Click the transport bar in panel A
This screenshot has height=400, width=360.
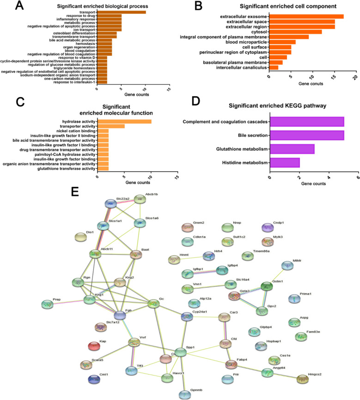(121, 12)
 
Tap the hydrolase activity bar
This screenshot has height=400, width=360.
(124, 122)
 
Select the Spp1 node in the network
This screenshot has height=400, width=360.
(181, 352)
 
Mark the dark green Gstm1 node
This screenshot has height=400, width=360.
(266, 287)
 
